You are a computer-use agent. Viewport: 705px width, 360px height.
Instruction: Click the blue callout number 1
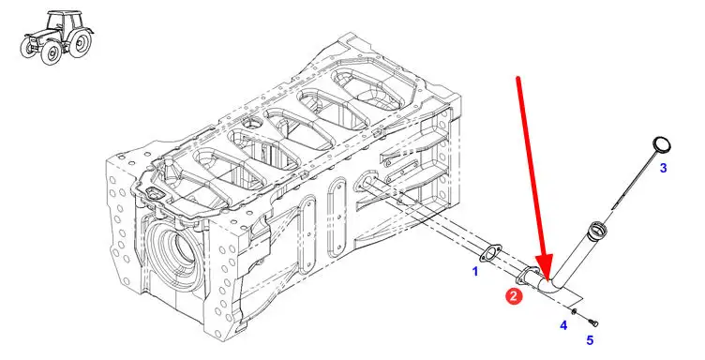coord(474,272)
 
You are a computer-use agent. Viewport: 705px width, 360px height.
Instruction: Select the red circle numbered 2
coord(514,296)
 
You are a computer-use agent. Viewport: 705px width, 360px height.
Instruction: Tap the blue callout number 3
coord(663,168)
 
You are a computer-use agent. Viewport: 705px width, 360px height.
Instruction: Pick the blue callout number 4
coord(563,325)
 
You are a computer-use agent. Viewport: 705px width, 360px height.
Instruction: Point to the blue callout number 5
coord(590,340)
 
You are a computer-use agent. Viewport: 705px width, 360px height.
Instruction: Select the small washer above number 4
coord(574,311)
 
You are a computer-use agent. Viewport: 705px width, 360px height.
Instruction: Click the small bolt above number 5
coord(592,322)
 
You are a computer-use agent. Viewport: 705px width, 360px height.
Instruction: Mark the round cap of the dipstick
coord(661,146)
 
